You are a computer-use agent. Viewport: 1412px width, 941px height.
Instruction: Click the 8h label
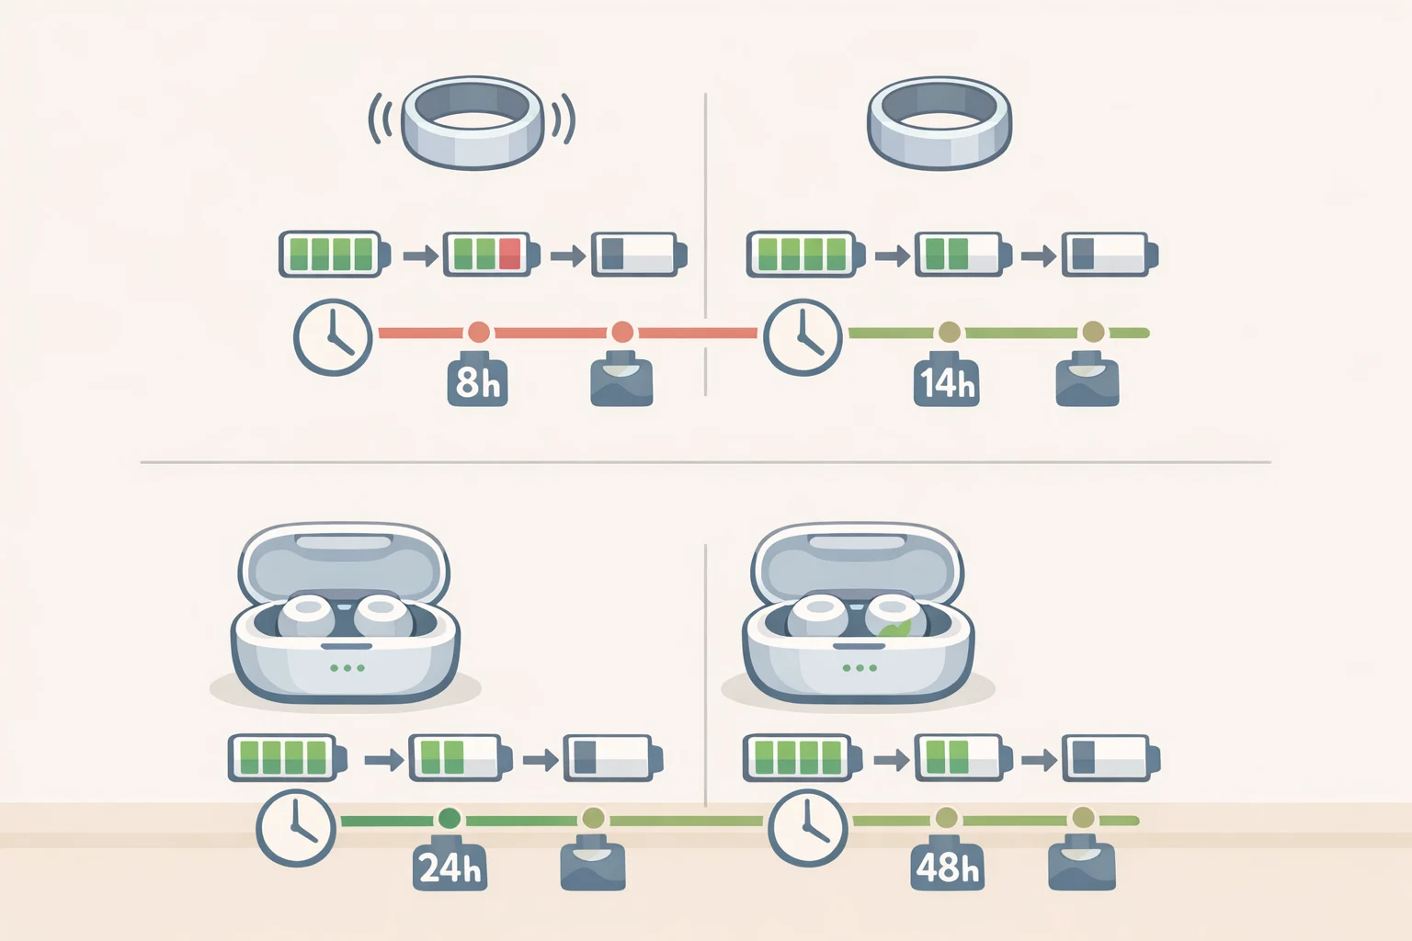(x=477, y=382)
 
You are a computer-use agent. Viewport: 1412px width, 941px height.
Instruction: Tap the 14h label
(x=946, y=382)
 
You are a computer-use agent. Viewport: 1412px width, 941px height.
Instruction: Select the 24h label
(x=450, y=868)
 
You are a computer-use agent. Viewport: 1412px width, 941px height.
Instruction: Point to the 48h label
(x=947, y=867)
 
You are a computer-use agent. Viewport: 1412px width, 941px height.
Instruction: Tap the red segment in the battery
(x=509, y=254)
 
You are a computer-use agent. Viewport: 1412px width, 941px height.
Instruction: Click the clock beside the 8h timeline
(x=333, y=337)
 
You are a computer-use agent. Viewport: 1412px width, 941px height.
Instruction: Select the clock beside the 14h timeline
(x=803, y=337)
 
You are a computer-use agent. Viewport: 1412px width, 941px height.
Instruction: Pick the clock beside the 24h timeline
(x=296, y=828)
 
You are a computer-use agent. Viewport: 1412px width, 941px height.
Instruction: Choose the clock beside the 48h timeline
(x=807, y=828)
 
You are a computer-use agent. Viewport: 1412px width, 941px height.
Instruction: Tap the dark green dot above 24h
(x=449, y=819)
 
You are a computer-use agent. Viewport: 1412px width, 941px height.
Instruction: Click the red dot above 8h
(x=478, y=332)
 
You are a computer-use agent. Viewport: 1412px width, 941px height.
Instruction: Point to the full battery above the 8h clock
(x=335, y=254)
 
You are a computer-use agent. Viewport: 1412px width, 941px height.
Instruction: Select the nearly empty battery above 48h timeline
(x=1111, y=757)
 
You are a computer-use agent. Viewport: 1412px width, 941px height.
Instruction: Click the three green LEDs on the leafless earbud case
(x=347, y=668)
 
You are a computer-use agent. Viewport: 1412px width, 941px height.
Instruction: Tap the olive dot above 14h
(x=950, y=332)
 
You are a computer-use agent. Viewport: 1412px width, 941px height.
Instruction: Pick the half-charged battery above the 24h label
(x=461, y=757)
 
